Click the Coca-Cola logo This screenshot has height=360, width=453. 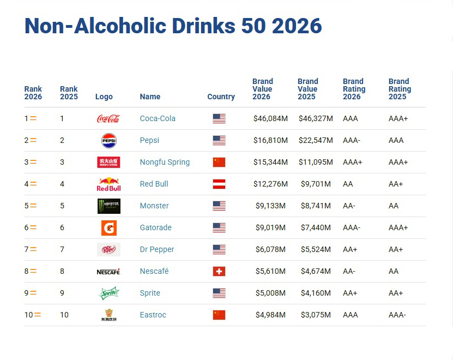pos(108,118)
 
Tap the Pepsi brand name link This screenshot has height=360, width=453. pos(149,140)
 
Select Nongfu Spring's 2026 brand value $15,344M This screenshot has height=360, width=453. pos(270,162)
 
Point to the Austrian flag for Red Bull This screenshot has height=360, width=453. pos(219,184)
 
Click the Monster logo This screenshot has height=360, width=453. pos(109,206)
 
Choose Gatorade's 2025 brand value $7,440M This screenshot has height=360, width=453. pos(316,227)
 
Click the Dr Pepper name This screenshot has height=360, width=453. pos(157,249)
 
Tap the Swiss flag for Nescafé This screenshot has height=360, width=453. pos(219,271)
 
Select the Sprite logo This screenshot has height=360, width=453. pos(109,293)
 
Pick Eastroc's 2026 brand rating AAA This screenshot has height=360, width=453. pos(350,315)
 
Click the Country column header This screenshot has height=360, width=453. pos(221,97)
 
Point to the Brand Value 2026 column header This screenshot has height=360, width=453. pos(263,89)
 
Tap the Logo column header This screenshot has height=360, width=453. pos(104,97)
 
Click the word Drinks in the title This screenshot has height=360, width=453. pos(204,26)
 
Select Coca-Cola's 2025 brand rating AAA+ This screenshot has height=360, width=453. pos(398,118)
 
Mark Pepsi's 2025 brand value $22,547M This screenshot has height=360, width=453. pos(316,140)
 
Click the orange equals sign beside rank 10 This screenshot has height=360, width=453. pos(38,315)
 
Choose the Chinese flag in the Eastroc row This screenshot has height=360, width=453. pos(219,315)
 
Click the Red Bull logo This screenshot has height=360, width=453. pos(109,184)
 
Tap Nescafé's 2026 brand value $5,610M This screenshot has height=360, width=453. pos(270,271)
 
